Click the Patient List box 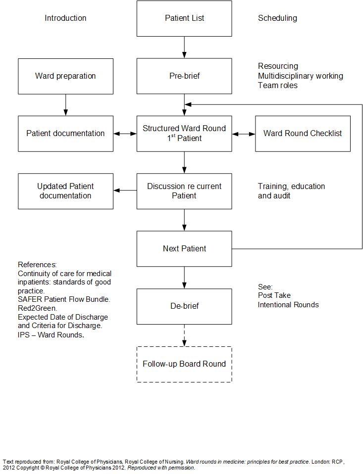click(x=184, y=18)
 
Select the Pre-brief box click(x=184, y=76)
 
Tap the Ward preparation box click(x=66, y=76)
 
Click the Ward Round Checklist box click(x=303, y=134)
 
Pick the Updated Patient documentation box click(x=66, y=191)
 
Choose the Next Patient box click(x=184, y=249)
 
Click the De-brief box click(x=184, y=307)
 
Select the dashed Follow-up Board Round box click(x=184, y=364)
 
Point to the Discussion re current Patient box click(x=184, y=191)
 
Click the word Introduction click(x=65, y=18)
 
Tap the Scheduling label click(x=277, y=18)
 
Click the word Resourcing click(x=278, y=66)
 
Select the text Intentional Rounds click(x=288, y=305)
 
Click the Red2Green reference click(x=38, y=308)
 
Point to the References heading click(x=37, y=265)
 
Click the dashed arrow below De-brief click(x=184, y=335)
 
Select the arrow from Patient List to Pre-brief click(x=184, y=47)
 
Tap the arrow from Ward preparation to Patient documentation click(x=66, y=105)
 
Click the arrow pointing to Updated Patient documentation click(x=125, y=190)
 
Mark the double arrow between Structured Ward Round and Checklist click(x=244, y=134)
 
